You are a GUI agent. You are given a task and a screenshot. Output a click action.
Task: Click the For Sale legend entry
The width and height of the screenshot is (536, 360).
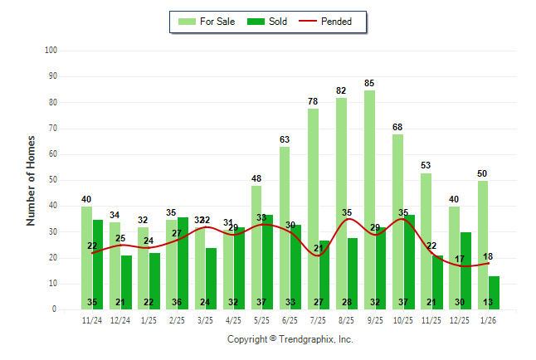(x=206, y=22)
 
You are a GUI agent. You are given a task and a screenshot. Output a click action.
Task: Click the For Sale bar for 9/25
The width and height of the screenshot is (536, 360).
(x=369, y=199)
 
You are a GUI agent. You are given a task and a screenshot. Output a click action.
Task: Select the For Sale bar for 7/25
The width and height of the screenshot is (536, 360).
(x=313, y=207)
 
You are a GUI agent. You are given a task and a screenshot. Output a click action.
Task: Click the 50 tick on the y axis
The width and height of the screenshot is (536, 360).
(x=51, y=180)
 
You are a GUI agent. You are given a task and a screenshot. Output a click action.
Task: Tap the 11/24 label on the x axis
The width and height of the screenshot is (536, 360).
(x=92, y=321)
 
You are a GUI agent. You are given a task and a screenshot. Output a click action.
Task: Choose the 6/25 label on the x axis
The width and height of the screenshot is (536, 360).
(x=290, y=321)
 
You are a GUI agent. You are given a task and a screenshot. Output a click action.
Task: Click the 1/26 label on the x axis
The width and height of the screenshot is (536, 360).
(x=488, y=321)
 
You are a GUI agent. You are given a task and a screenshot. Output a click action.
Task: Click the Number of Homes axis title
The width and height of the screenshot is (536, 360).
(x=32, y=180)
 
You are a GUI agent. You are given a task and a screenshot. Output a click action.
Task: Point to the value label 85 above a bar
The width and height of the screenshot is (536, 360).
(x=369, y=83)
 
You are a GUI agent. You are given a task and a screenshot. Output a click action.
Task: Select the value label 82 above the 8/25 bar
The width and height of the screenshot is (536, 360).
(x=341, y=90)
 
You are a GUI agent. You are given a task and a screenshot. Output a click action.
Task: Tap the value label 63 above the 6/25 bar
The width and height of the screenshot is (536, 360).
(x=285, y=139)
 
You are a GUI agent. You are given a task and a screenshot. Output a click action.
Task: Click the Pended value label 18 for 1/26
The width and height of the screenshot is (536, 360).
(x=489, y=257)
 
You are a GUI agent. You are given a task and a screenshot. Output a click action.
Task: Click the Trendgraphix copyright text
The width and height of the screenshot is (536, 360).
(x=290, y=339)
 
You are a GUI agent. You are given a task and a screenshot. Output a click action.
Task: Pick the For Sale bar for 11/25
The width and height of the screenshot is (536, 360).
(x=426, y=241)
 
